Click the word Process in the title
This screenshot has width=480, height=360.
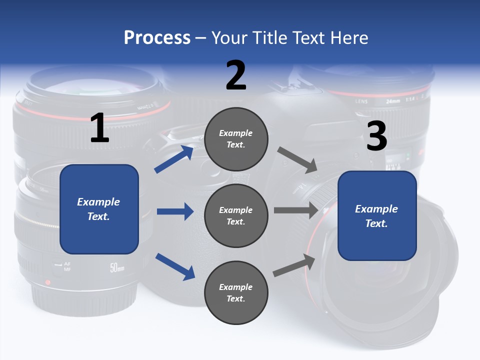click(157, 37)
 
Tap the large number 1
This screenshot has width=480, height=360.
click(99, 128)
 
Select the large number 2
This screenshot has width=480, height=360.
click(236, 75)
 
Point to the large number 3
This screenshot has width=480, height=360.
click(377, 136)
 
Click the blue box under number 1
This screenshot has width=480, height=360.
click(99, 209)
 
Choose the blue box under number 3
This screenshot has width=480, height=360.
click(377, 216)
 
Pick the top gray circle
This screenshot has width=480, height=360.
click(236, 139)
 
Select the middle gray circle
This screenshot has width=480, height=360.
click(236, 215)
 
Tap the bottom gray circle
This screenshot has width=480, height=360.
click(236, 292)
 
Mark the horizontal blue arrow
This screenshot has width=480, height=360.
click(175, 211)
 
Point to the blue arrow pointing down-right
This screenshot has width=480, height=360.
click(175, 266)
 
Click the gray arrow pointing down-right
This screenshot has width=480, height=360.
click(297, 160)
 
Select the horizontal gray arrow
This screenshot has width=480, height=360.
click(296, 210)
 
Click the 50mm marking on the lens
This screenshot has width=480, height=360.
click(117, 268)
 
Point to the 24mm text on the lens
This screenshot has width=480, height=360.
click(393, 101)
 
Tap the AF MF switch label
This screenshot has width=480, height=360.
click(67, 266)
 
